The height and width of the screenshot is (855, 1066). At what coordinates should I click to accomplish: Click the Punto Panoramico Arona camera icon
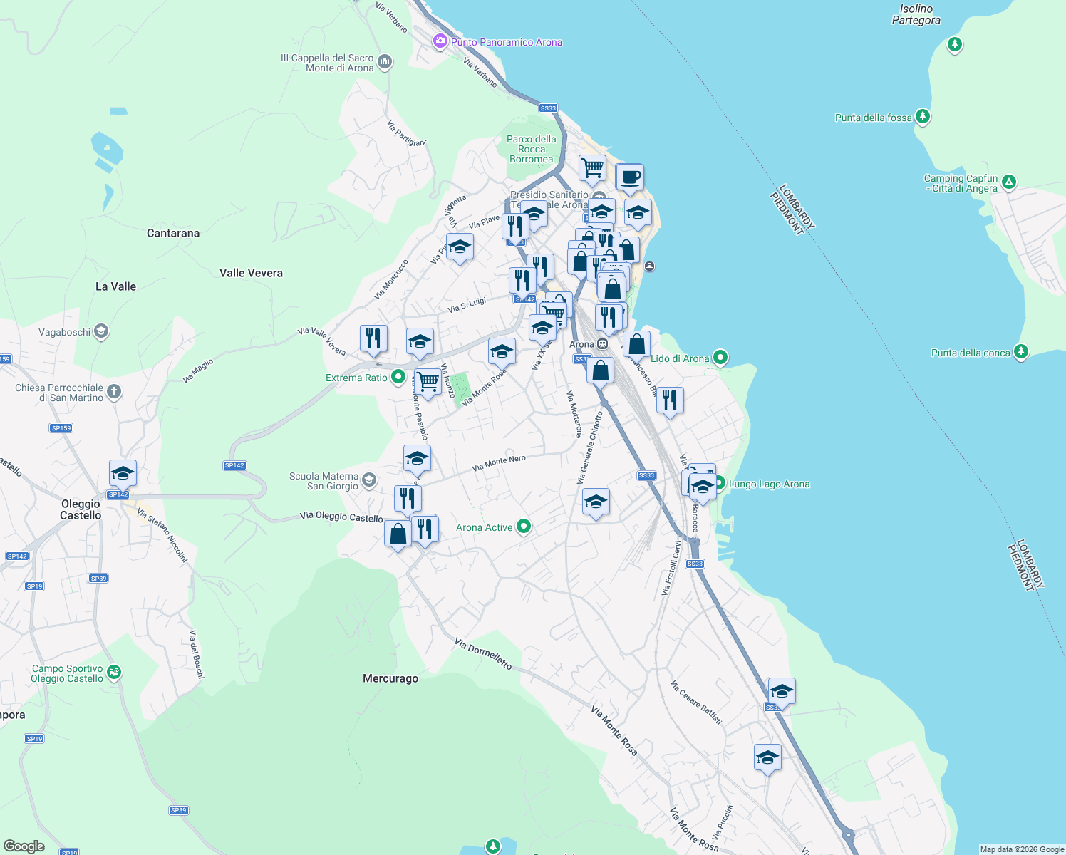click(x=440, y=41)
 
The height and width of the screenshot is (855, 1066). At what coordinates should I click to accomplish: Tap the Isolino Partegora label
click(x=916, y=14)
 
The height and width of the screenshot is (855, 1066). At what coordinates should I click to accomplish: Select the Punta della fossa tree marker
click(x=923, y=116)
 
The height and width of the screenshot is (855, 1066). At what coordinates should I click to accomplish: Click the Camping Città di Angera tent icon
click(x=1009, y=182)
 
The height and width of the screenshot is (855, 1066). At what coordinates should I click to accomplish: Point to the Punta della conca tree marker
click(x=1021, y=352)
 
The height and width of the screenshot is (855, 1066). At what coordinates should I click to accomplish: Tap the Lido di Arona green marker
click(x=720, y=358)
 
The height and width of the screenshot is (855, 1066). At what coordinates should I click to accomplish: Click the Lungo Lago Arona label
click(x=769, y=484)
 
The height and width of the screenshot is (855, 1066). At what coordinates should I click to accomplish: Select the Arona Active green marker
click(x=524, y=527)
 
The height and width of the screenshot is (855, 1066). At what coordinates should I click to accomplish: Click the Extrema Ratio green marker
click(x=398, y=377)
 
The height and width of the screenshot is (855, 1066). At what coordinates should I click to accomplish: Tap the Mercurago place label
click(x=390, y=678)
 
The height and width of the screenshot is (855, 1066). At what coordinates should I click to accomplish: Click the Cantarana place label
click(x=173, y=233)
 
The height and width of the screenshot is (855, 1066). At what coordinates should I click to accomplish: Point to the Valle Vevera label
click(x=251, y=273)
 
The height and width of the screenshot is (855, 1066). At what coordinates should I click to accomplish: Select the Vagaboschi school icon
click(x=101, y=331)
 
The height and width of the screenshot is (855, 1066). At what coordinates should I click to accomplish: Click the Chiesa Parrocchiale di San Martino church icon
click(x=114, y=392)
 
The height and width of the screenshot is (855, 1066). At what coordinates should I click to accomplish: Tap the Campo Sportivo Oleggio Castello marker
click(x=114, y=673)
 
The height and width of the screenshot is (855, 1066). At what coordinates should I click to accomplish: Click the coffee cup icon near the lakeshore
click(x=630, y=177)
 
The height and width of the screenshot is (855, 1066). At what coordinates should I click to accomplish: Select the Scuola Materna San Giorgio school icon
click(x=369, y=480)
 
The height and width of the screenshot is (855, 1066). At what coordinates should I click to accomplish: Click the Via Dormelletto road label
click(x=483, y=653)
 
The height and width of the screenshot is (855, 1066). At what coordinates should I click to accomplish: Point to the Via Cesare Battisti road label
click(x=696, y=702)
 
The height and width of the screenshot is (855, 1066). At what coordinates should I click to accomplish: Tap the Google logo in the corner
click(x=24, y=846)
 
